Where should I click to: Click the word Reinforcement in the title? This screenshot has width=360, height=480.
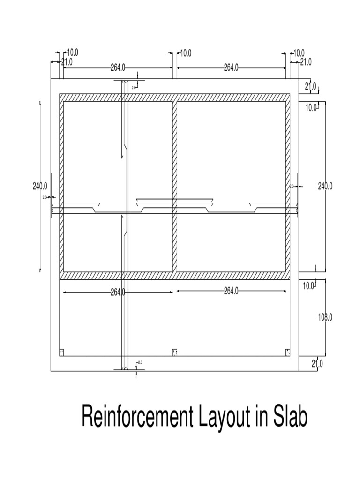point(135,416)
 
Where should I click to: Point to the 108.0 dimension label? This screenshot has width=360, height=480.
point(325,317)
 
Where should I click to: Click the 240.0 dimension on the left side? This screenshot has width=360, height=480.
point(40,186)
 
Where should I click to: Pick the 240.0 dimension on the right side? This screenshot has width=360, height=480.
point(325,186)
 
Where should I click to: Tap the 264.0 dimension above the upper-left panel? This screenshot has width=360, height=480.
point(118,67)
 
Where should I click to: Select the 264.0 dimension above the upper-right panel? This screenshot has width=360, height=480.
point(231,67)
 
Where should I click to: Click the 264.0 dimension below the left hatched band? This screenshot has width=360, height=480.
point(118,292)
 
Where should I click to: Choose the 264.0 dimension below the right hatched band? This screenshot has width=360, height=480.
point(231,291)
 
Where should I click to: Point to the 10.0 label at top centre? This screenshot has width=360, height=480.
point(186,53)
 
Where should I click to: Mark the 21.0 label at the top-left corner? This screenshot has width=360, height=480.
point(67,61)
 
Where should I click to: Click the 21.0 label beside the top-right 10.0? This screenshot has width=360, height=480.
point(306,61)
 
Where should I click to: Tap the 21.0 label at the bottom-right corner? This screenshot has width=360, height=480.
point(317,363)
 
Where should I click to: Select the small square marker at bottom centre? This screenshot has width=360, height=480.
point(174,352)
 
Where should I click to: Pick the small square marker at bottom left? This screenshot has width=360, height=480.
point(61,352)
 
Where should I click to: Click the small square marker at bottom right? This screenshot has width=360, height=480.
point(287,352)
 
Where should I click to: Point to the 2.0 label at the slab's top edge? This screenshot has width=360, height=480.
point(134,87)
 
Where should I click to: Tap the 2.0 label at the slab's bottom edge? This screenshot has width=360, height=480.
point(140,363)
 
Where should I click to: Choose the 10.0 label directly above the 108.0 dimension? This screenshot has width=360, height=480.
point(308,285)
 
